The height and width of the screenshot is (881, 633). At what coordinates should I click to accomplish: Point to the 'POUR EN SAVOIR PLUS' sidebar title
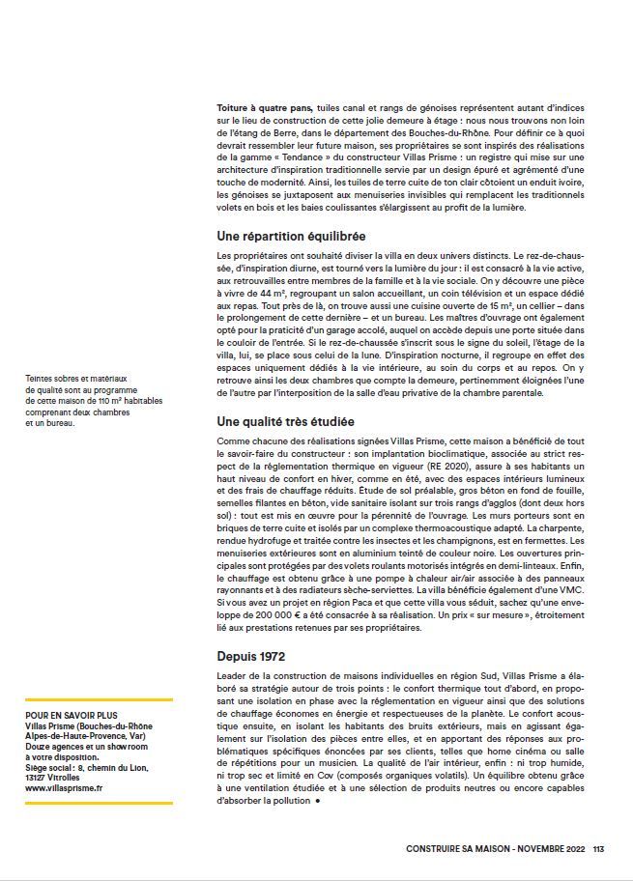[67, 716]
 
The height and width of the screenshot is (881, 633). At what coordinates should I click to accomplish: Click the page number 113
[598, 849]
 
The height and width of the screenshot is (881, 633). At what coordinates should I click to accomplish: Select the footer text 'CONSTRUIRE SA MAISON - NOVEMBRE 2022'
[497, 849]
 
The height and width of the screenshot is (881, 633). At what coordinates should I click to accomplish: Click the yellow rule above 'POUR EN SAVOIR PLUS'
[99, 699]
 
